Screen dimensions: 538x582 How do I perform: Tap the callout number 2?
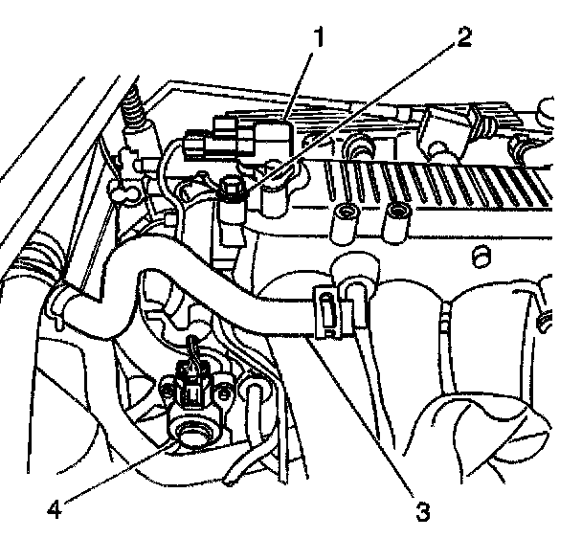point(463,37)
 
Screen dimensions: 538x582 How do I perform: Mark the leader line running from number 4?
point(115,470)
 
